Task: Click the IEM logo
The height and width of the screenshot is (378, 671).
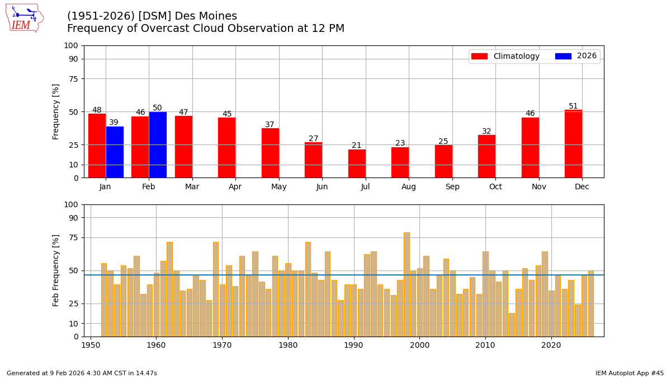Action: click(24, 18)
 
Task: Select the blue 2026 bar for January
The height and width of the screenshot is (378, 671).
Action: click(115, 152)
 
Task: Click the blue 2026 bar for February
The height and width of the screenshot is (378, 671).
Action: click(158, 145)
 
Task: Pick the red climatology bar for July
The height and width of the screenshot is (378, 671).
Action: click(357, 164)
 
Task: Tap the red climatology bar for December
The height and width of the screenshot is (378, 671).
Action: click(573, 144)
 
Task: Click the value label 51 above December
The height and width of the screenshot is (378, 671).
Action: click(573, 106)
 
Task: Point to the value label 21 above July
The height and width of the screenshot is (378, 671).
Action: click(357, 146)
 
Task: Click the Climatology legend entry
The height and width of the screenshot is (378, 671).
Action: click(505, 57)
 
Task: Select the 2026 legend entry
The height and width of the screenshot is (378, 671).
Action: click(577, 57)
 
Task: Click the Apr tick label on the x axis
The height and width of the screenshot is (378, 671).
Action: click(235, 187)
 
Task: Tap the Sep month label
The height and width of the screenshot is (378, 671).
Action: click(452, 187)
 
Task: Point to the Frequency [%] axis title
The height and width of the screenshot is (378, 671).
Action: click(56, 111)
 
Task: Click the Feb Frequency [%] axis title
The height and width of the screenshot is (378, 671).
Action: click(56, 270)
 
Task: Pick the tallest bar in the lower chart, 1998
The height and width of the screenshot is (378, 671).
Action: click(407, 284)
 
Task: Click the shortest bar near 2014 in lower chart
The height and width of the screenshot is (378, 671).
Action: click(512, 325)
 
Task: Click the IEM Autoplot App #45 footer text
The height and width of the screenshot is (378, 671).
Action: click(629, 373)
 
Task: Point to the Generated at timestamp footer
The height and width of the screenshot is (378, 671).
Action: click(82, 373)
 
